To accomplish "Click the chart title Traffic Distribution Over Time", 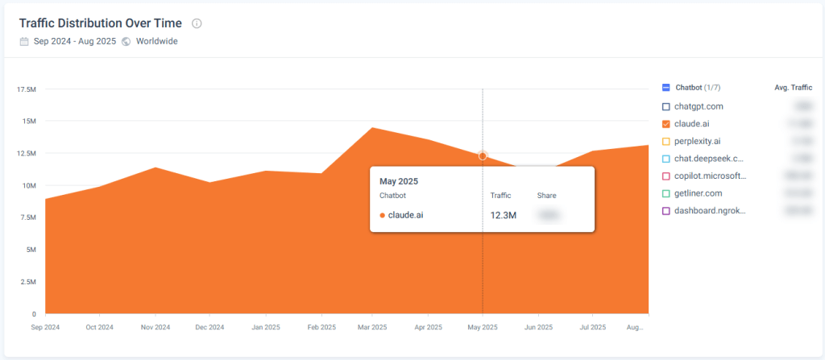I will [x=101, y=23].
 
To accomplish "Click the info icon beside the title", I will [x=197, y=23].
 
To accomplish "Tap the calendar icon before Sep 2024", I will [x=24, y=41].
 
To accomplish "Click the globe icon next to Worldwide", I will [x=126, y=41].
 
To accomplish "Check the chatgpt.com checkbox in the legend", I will [x=665, y=106].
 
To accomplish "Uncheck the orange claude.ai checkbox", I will [x=665, y=124].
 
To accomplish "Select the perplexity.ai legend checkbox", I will [x=665, y=141].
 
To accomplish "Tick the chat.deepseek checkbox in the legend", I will [x=665, y=159].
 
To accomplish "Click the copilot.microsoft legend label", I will [x=710, y=176].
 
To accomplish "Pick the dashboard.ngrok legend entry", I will [x=710, y=211].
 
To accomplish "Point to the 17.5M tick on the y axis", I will [x=27, y=89].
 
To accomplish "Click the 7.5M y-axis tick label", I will [x=27, y=217].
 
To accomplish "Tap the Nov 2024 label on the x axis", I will [x=155, y=328].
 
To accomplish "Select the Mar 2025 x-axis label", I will [x=371, y=328].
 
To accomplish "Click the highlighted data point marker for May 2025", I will [x=483, y=155].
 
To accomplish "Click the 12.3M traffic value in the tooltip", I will [x=503, y=215].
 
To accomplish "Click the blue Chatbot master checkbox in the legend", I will [x=665, y=87].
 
